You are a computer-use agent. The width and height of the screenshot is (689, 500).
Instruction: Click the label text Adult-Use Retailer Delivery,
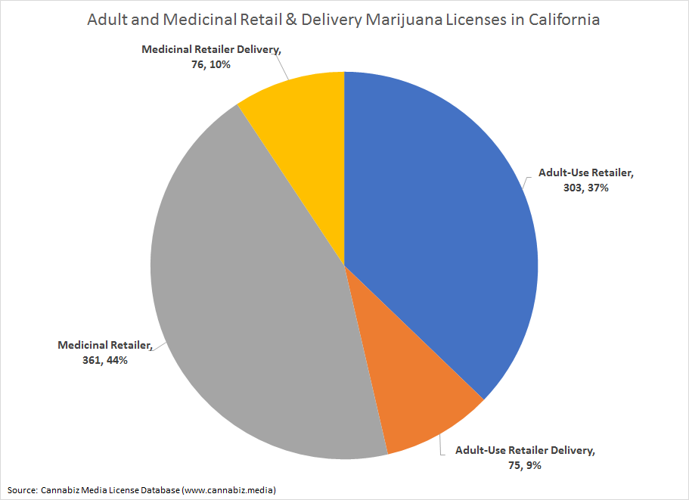(525, 451)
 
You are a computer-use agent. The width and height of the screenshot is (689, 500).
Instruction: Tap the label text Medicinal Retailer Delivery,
(211, 50)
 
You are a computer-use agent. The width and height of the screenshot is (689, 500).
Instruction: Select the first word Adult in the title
(105, 20)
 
